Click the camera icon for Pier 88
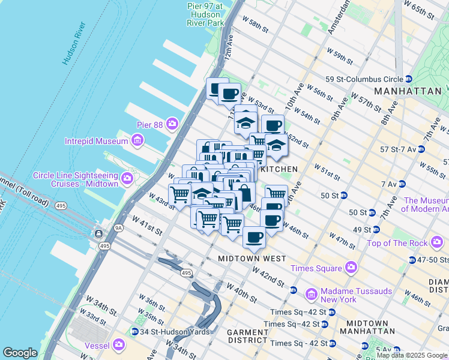click(173, 124)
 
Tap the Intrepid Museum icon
click(137, 141)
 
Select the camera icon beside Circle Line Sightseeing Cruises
click(127, 179)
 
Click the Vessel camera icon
click(119, 345)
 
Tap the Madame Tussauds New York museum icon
click(311, 295)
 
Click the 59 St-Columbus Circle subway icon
click(408, 79)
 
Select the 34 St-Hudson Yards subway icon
click(135, 331)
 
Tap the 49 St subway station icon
click(375, 229)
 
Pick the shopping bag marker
click(245, 194)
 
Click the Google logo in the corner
click(20, 353)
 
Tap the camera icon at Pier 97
click(214, 23)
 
